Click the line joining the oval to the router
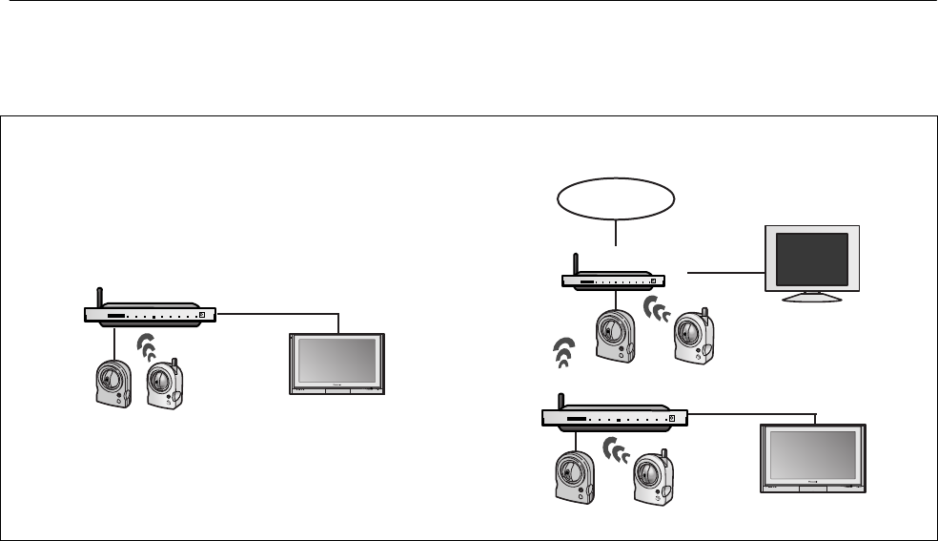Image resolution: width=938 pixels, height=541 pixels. point(617,235)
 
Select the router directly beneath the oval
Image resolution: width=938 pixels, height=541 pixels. point(611,281)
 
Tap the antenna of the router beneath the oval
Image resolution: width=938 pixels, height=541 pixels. point(575,264)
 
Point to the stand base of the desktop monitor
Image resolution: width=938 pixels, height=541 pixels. point(812,297)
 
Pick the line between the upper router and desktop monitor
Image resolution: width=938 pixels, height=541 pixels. point(724,273)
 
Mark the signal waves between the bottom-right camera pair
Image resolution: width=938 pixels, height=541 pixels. point(619,450)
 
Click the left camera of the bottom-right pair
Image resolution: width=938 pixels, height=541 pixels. point(575,475)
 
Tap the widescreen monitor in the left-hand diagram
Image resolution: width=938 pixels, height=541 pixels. point(337,363)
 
